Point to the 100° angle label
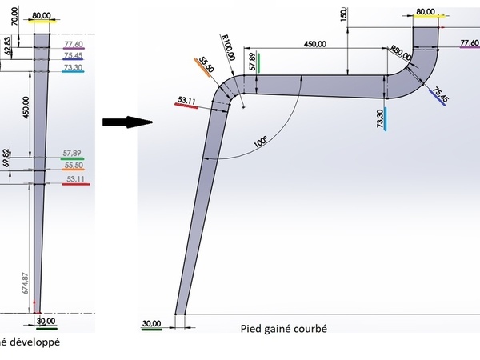[x=261, y=142]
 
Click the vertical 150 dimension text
[x=344, y=17]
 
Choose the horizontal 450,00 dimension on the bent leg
[x=318, y=47]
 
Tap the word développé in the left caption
[x=32, y=342]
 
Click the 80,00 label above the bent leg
[x=426, y=12]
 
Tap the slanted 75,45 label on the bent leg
[x=439, y=95]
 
